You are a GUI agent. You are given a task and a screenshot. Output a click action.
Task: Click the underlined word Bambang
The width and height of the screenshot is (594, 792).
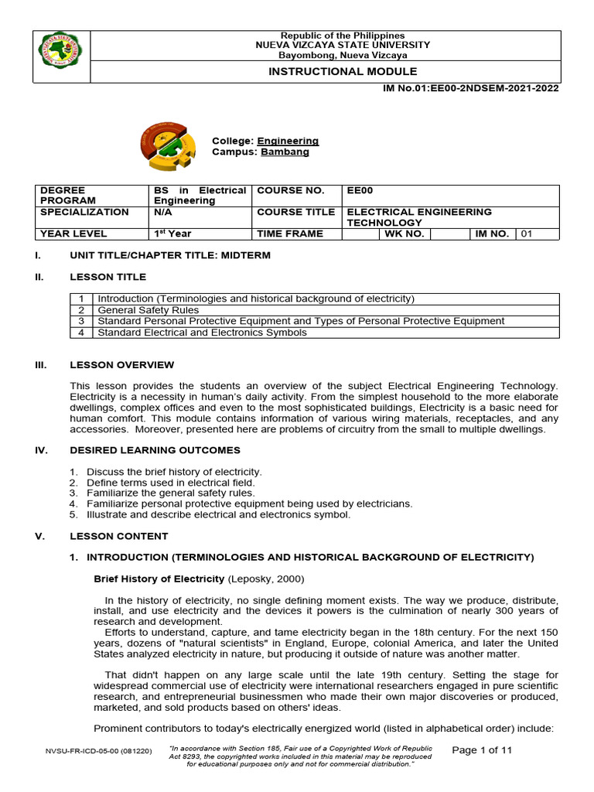coord(285,152)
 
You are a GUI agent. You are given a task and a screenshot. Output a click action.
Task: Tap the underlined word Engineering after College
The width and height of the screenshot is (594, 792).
coord(288,141)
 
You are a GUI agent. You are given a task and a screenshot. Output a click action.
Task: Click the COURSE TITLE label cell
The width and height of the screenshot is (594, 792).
coord(296,211)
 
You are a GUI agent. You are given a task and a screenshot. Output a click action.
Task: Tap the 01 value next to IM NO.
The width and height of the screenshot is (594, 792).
coord(527,234)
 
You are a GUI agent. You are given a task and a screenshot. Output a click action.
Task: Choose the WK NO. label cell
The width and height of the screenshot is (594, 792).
coord(405,234)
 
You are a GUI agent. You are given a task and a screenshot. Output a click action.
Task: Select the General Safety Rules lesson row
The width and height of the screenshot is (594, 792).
coord(148,309)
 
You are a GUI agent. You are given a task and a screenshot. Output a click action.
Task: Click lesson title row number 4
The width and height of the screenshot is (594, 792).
coord(80,333)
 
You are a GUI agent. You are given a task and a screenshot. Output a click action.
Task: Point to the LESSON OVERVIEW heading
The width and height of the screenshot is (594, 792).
coord(122,365)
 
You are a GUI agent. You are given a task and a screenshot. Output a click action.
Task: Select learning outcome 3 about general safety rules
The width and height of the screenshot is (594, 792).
coord(170,493)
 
